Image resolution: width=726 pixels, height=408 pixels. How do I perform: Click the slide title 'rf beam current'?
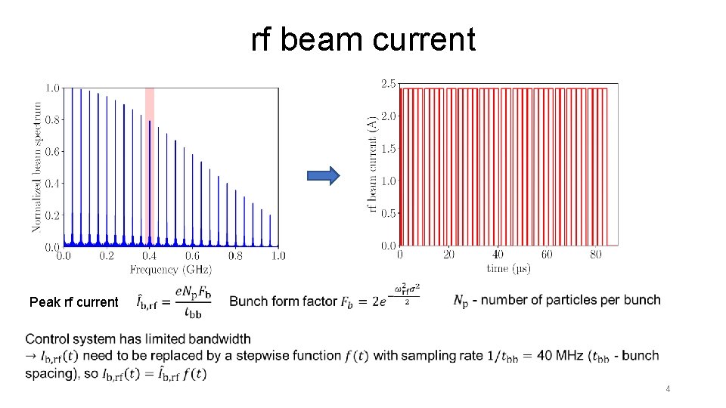coord(363,39)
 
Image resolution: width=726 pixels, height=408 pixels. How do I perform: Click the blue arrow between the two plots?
coord(324,176)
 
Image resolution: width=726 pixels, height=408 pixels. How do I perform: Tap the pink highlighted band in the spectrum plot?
coord(150,166)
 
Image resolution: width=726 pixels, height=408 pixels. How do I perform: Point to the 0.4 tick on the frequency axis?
coord(150,256)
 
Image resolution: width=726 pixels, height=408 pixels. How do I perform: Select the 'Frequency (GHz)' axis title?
coord(171,269)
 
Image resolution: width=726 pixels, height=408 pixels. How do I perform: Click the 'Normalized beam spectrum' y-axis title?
coord(37,166)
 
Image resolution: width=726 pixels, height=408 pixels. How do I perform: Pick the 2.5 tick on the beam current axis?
coord(387,84)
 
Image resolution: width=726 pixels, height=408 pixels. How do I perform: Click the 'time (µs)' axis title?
coord(508,269)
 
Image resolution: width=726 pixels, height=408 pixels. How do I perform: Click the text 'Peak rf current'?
coord(73,302)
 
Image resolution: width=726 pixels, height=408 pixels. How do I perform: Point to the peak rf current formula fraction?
coord(184,301)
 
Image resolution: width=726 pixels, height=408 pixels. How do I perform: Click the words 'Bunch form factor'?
coord(283,301)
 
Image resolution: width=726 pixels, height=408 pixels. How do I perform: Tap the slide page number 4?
coord(668,389)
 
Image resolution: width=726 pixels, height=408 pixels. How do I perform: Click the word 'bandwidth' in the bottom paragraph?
coord(223,338)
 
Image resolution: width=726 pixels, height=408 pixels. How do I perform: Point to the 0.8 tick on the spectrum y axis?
coord(53,119)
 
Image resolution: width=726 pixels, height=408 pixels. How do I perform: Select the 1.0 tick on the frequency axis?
coord(278,256)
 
